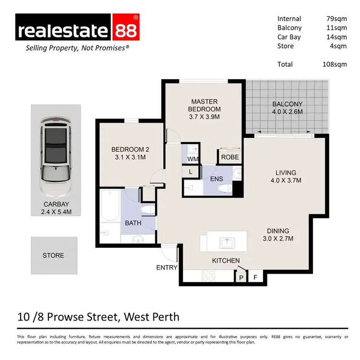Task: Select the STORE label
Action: coord(53,255)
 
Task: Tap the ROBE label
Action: coord(229,157)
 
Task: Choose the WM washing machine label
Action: coord(192,158)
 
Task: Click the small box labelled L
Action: coord(191,171)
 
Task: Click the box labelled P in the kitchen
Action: coord(241,277)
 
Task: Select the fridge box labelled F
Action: coord(255,277)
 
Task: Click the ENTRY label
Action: coord(167,267)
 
